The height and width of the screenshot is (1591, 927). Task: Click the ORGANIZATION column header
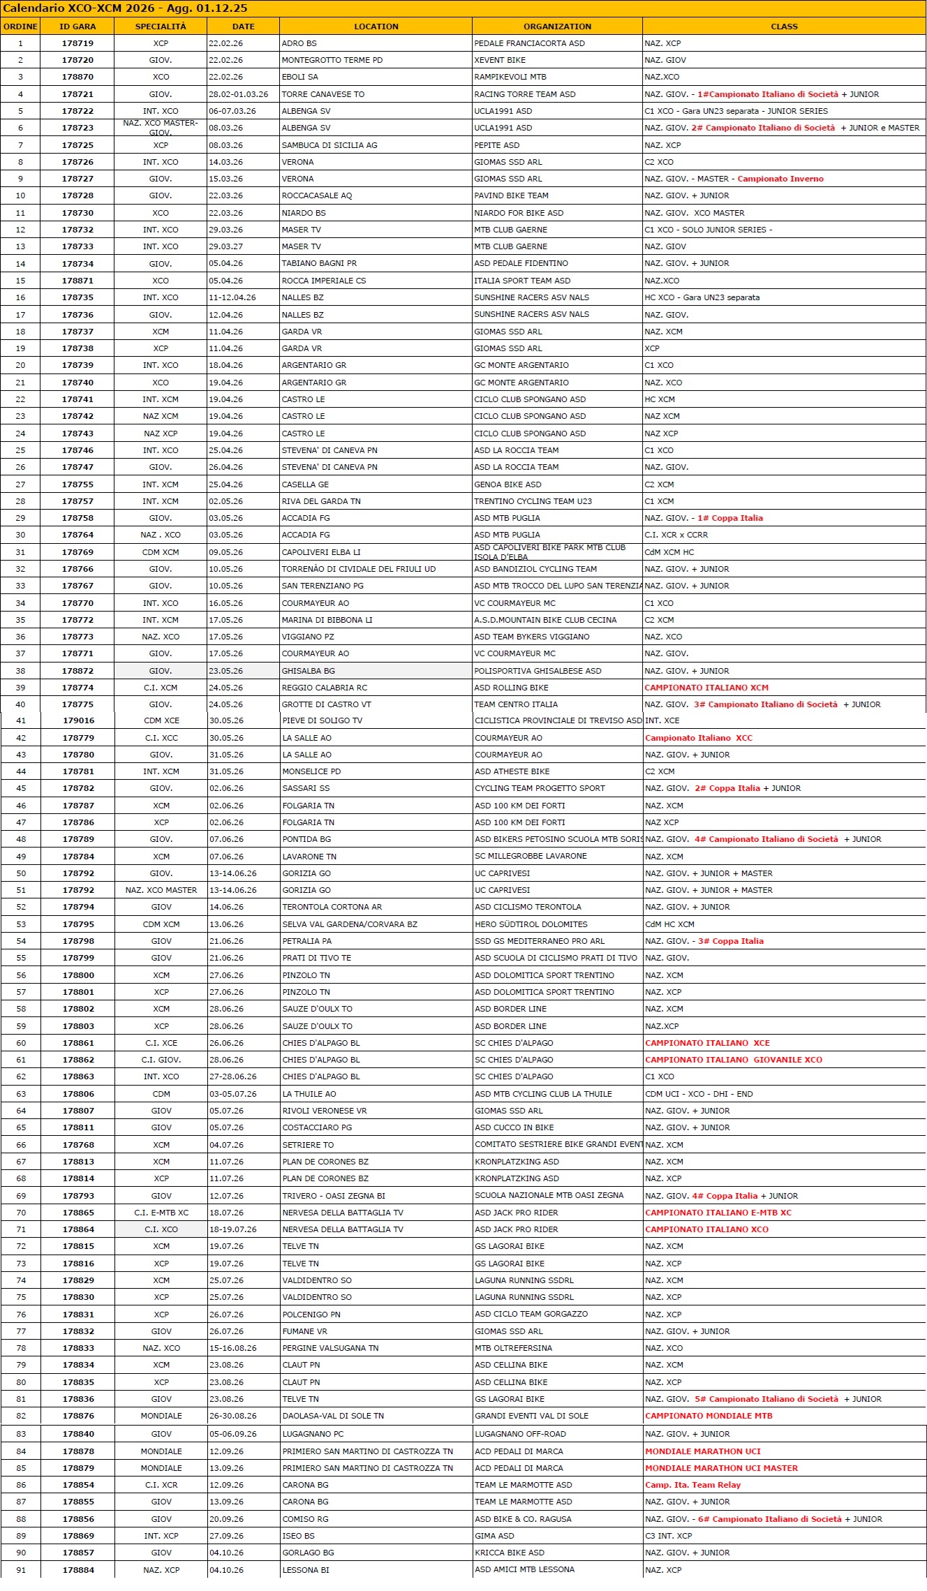(557, 27)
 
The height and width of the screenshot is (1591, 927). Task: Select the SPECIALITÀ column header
(161, 27)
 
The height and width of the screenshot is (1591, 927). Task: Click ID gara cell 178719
(77, 43)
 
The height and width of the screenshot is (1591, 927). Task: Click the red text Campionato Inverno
(780, 179)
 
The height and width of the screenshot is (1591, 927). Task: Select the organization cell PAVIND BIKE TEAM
(511, 195)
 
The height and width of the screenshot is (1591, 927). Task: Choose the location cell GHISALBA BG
(308, 671)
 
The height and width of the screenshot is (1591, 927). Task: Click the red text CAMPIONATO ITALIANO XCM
(706, 688)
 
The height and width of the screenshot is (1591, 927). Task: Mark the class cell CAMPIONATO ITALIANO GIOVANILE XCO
(734, 1060)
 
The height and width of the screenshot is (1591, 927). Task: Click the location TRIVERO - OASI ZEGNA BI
(334, 1196)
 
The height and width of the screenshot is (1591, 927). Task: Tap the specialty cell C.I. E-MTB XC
(161, 1213)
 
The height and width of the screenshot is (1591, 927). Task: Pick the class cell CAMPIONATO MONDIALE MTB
(709, 1416)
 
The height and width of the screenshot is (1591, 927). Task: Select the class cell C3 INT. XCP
(668, 1536)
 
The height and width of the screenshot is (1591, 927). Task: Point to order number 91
(21, 1570)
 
